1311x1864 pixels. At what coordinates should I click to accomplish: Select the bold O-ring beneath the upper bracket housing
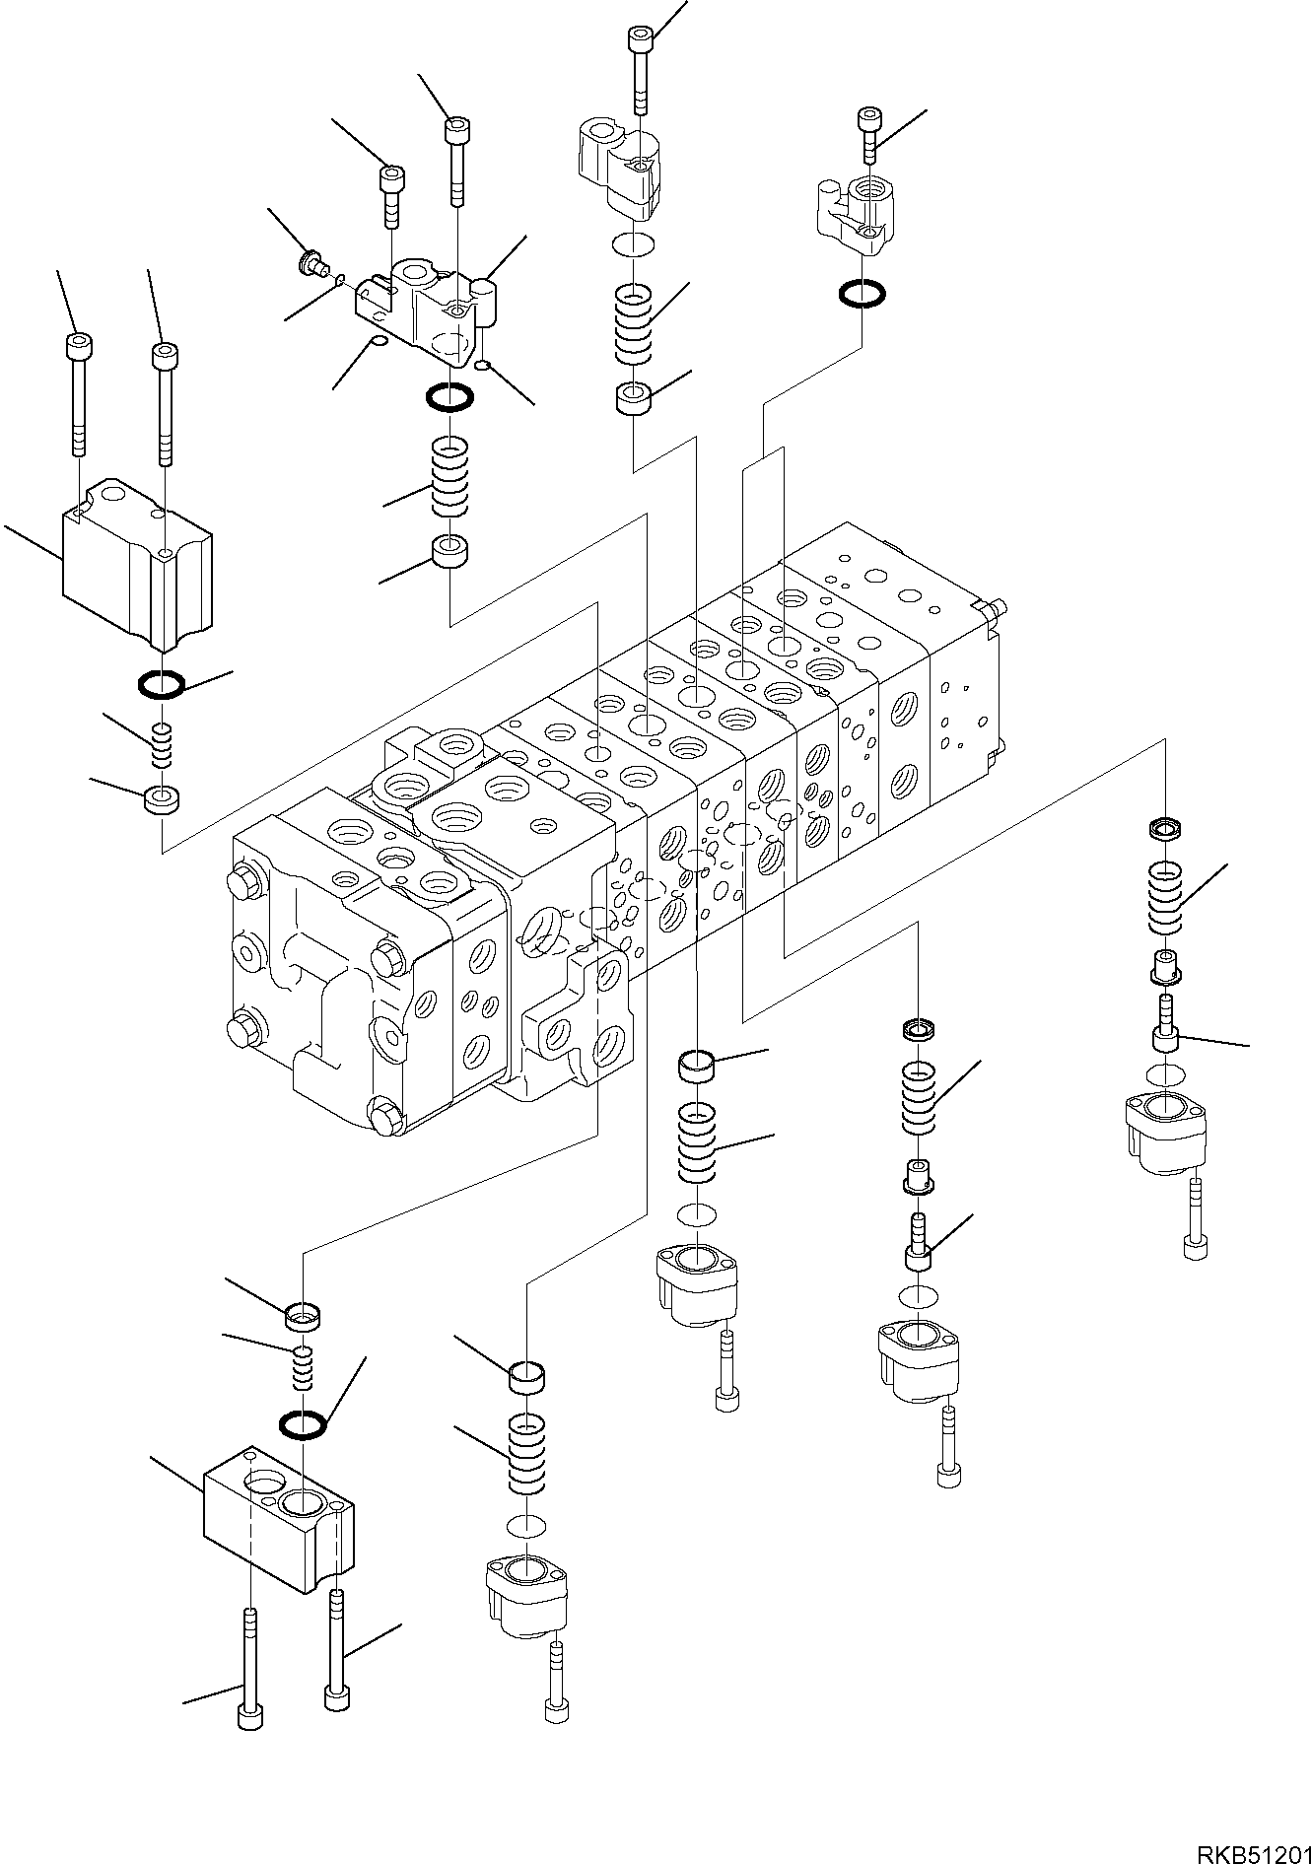pyautogui.click(x=449, y=398)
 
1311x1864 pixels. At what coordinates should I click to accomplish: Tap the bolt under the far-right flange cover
pyautogui.click(x=1195, y=1218)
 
